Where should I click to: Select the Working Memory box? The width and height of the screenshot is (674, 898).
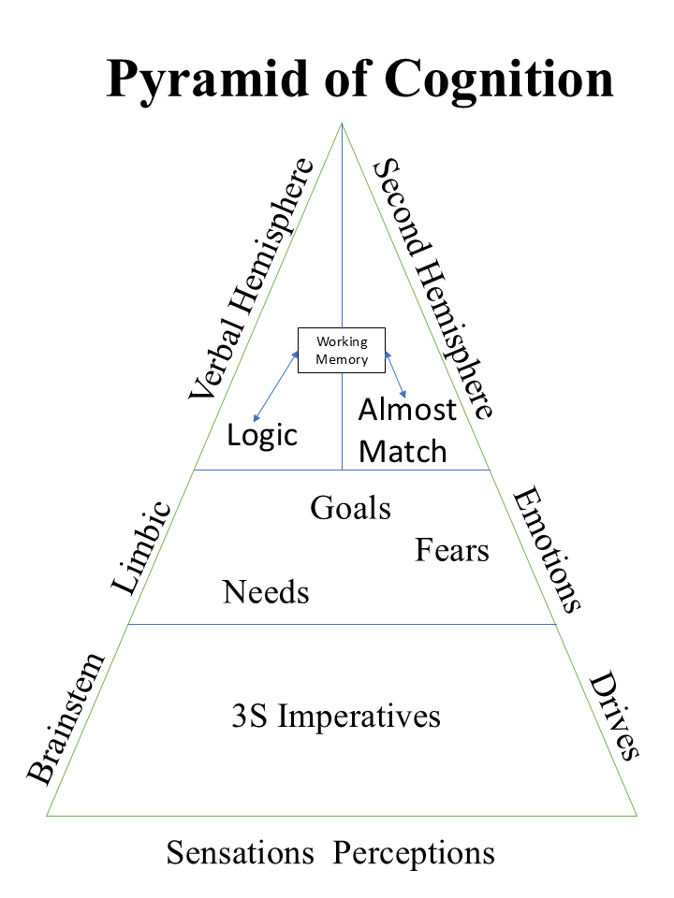342,351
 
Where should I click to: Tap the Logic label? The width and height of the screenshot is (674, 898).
262,435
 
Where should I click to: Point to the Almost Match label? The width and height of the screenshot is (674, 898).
406,431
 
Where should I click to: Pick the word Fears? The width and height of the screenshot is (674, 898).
452,550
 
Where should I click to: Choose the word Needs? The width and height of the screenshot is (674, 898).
266,592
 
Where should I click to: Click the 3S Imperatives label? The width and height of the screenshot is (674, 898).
335,717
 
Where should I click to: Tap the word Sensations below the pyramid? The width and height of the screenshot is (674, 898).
241,853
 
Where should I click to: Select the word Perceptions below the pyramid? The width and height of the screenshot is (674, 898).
415,853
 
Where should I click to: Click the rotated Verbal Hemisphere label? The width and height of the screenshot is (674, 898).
251,279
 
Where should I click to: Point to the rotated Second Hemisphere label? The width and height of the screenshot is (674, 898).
432,288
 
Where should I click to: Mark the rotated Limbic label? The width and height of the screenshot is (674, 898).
142,548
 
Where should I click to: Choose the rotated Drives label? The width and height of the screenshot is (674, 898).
614,717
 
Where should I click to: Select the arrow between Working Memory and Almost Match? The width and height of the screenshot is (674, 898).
397,375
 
